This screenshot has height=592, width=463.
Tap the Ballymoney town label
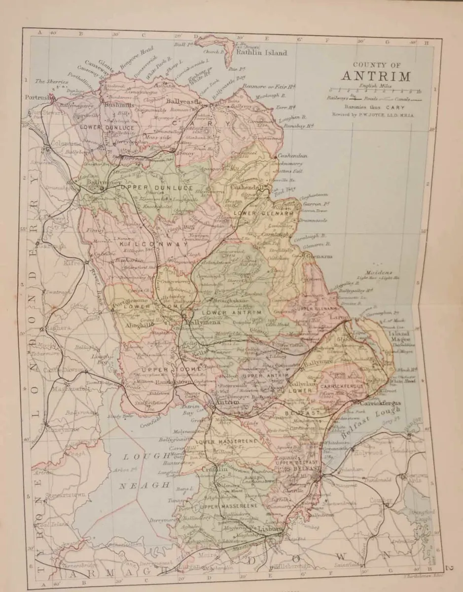pos(101,182)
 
